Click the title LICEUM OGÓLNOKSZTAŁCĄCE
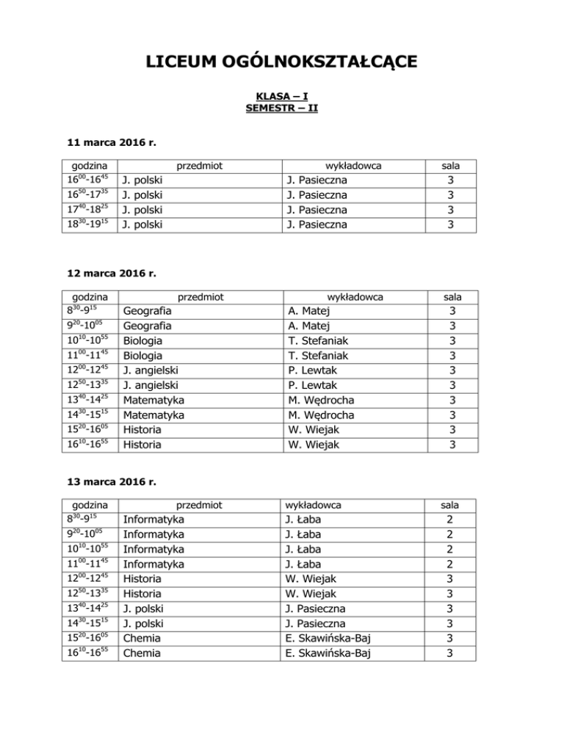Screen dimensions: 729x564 coord(281,61)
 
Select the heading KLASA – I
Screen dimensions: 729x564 coord(281,96)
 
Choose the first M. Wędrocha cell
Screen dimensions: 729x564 coord(320,400)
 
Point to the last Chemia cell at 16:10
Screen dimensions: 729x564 coord(143,652)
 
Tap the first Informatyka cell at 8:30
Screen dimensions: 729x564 coord(153,519)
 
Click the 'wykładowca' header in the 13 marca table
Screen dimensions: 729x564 coord(312,505)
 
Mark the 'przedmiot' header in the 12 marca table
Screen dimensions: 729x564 coord(200,296)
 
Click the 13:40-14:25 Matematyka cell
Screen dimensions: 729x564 coord(153,400)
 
